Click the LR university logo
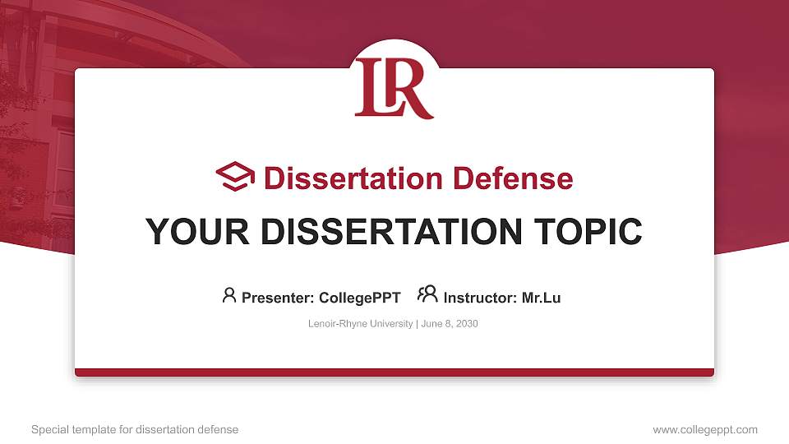[394, 89]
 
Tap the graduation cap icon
[235, 176]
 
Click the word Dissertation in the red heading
[353, 178]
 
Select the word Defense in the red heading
[513, 178]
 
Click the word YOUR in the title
[198, 232]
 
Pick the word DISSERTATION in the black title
[391, 232]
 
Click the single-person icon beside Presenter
[229, 295]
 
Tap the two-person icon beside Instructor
[427, 294]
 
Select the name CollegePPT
[360, 298]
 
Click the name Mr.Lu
[541, 298]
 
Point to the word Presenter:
[279, 298]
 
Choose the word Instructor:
[481, 298]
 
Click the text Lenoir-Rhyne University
[360, 324]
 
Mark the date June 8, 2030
[450, 324]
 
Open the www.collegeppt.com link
[705, 430]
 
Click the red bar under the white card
[394, 372]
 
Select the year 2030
[467, 324]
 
